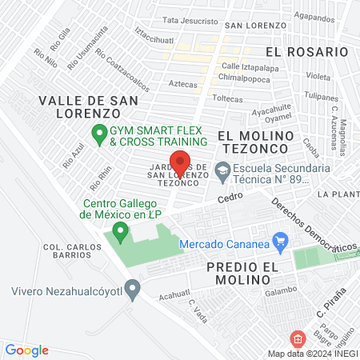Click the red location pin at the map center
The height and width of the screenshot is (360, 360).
(x=180, y=161)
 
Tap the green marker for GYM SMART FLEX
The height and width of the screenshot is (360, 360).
(x=99, y=132)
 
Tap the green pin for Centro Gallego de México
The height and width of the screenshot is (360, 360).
(x=121, y=232)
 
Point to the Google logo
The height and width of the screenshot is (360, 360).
(x=26, y=350)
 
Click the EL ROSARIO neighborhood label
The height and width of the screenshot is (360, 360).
(x=307, y=50)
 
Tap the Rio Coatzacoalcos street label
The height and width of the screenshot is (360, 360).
(x=122, y=66)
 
